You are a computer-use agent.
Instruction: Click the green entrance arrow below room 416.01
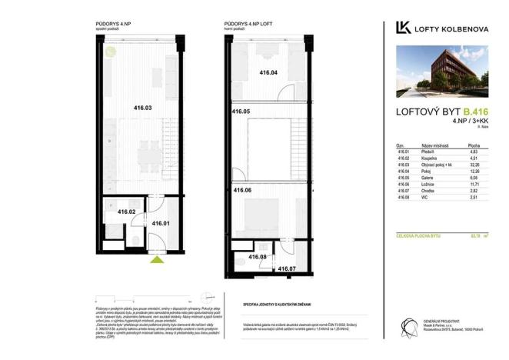tap(158, 261)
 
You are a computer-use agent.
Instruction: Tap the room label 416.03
tap(143, 108)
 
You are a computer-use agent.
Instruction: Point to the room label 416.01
tap(161, 224)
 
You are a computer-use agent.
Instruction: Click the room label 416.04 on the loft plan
tap(268, 72)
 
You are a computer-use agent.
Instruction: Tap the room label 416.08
tap(257, 256)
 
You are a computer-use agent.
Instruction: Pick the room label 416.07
tap(286, 268)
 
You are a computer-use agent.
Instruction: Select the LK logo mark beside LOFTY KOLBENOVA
tap(401, 28)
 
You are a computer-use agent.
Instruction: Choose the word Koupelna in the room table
tap(431, 158)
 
